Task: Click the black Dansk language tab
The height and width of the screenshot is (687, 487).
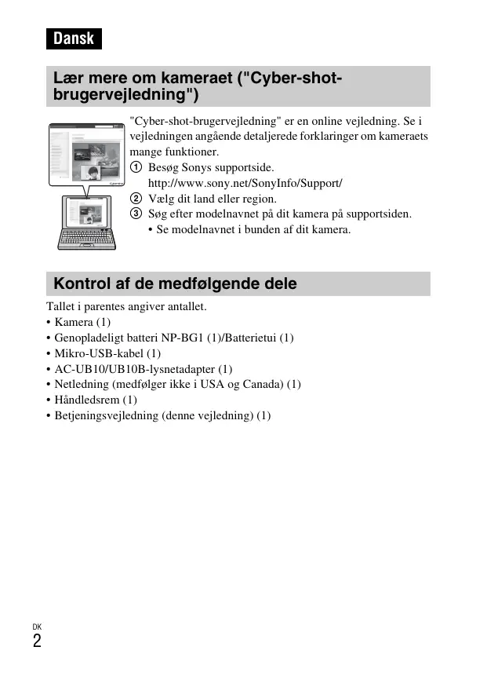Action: pos(74,38)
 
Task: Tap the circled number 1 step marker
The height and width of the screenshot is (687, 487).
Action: pos(136,168)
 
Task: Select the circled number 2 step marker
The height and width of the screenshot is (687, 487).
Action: pos(136,199)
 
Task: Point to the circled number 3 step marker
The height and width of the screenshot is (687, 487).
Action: pos(136,214)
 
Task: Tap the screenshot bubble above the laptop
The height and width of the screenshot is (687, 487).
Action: pos(86,153)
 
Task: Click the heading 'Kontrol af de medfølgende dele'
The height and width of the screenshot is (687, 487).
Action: pos(176,283)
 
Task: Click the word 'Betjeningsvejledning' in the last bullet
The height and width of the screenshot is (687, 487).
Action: pos(107,415)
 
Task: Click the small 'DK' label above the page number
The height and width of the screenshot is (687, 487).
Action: pos(37,627)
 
